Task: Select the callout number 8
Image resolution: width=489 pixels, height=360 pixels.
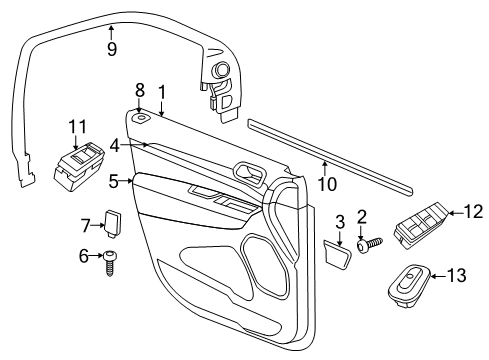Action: click(140, 89)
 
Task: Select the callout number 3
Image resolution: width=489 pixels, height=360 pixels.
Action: click(339, 220)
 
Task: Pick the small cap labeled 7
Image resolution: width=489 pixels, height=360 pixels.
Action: click(113, 222)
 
